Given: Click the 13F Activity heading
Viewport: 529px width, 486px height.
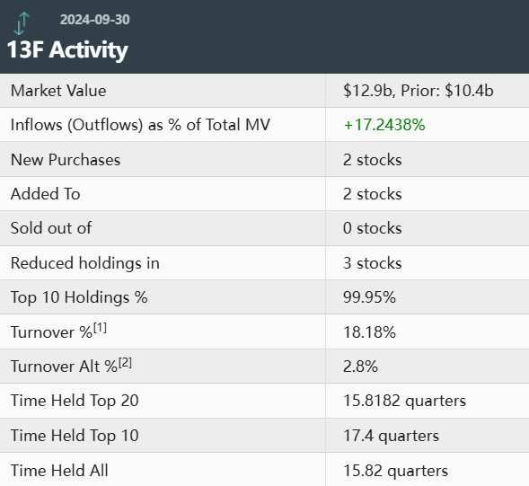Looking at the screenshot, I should (x=68, y=49).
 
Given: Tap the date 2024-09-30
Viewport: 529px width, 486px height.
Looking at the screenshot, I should (x=101, y=20).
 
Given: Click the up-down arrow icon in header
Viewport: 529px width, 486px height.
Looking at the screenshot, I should (x=22, y=22).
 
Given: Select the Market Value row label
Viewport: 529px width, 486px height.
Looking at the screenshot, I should (x=58, y=91).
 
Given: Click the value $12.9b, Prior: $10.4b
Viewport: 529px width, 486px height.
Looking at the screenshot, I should (x=419, y=91).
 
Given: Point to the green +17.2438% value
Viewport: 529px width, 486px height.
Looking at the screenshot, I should (x=384, y=125).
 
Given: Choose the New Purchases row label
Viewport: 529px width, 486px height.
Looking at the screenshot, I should (x=66, y=160).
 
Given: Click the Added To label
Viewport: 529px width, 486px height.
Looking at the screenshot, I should (x=45, y=194).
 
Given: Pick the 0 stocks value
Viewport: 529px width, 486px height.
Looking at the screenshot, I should (x=373, y=228).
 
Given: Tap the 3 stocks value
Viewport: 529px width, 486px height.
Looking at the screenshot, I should (x=373, y=263).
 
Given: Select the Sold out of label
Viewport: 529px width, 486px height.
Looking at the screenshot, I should (x=51, y=228).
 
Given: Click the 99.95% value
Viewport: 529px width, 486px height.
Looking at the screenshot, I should (x=369, y=297).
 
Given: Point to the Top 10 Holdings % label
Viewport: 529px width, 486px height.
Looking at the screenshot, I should (x=79, y=297).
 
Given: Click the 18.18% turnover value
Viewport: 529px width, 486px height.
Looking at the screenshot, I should (x=369, y=332).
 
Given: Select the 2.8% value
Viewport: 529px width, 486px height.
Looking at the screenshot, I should (x=360, y=367).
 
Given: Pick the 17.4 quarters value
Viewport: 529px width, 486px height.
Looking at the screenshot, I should (x=391, y=436).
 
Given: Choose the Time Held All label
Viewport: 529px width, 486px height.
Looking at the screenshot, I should (x=59, y=470).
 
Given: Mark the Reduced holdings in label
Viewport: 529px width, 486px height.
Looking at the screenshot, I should (x=85, y=263).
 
